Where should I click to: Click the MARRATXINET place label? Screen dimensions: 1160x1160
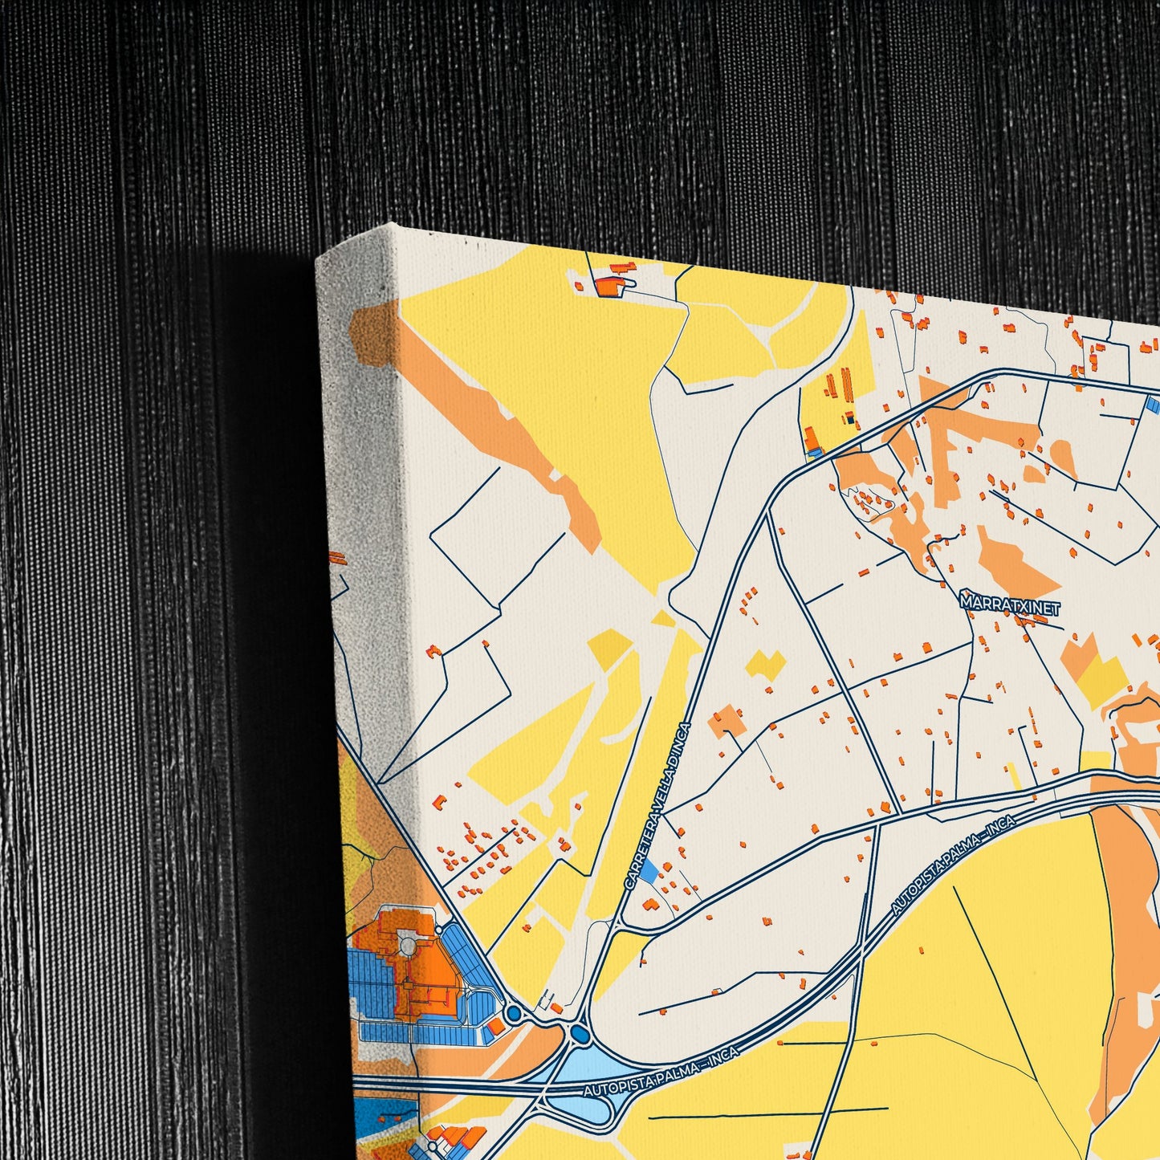click(x=1010, y=608)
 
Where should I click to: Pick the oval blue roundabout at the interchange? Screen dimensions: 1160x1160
click(x=578, y=1034)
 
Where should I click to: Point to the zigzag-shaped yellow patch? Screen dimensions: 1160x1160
click(x=767, y=665)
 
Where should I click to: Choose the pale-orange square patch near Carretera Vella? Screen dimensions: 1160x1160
click(x=727, y=720)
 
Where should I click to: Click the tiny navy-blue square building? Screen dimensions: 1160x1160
click(x=849, y=417)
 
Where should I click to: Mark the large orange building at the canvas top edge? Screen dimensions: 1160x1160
click(x=608, y=285)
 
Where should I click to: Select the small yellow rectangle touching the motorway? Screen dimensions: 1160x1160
click(x=1095, y=762)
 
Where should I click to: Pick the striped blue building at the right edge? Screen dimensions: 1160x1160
click(x=1154, y=405)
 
